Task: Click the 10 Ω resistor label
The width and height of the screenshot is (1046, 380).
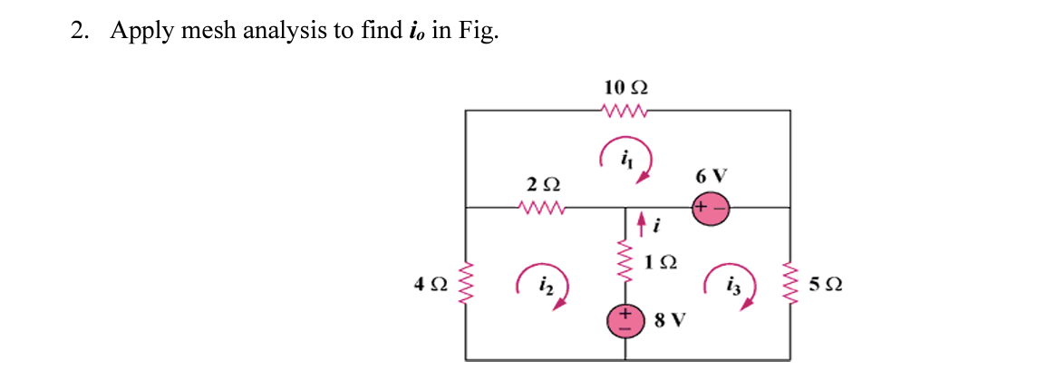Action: coord(625,88)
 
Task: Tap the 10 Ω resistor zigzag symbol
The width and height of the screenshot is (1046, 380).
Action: coord(625,111)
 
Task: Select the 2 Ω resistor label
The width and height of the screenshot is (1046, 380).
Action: coord(543,184)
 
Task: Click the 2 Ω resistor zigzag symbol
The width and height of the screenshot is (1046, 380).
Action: coord(543,208)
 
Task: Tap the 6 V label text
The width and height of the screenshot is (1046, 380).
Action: coord(711,175)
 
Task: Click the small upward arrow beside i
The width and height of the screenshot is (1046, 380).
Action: coord(642,220)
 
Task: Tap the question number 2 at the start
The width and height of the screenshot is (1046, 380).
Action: coord(79,31)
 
